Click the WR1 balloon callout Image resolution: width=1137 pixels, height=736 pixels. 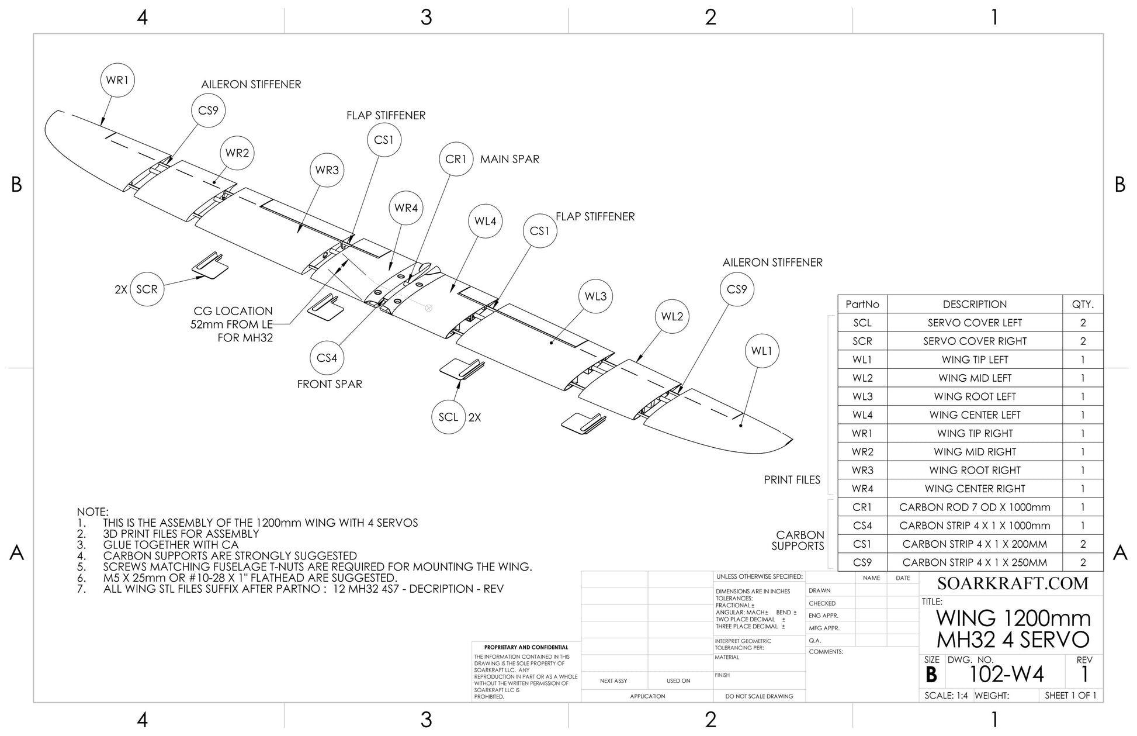117,80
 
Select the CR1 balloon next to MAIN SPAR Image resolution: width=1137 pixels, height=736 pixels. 456,159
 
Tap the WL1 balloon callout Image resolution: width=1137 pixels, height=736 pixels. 762,351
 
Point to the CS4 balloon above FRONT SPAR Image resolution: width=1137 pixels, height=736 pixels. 327,358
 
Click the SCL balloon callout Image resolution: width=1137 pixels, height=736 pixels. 448,417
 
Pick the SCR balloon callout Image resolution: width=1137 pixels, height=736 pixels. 147,289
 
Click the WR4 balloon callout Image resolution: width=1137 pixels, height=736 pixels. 406,208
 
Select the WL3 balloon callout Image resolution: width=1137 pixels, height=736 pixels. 595,296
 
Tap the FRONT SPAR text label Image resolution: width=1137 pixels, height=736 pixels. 330,384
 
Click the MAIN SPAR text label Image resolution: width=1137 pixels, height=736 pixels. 509,159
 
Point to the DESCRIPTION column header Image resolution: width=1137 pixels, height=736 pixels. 975,304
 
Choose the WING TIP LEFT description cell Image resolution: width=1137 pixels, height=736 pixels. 975,360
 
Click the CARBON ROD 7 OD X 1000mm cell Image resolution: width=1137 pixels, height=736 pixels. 975,507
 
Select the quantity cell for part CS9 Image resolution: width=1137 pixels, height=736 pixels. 1083,562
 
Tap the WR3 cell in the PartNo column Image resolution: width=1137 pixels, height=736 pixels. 862,470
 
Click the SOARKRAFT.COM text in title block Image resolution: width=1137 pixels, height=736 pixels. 1013,583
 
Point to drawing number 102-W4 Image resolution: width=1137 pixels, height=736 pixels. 1006,674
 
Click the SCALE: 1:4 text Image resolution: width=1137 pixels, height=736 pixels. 946,696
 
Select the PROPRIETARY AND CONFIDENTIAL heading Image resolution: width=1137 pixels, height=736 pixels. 526,647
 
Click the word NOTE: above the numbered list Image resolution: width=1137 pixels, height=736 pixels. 93,512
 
